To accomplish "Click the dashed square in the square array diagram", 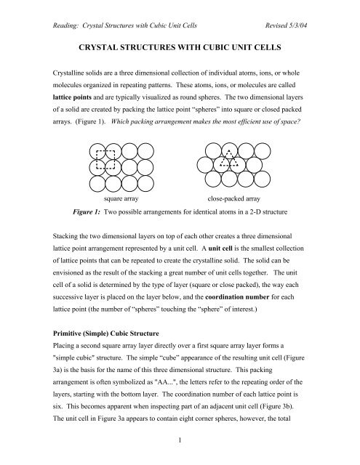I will pyautogui.click(x=105, y=158).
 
